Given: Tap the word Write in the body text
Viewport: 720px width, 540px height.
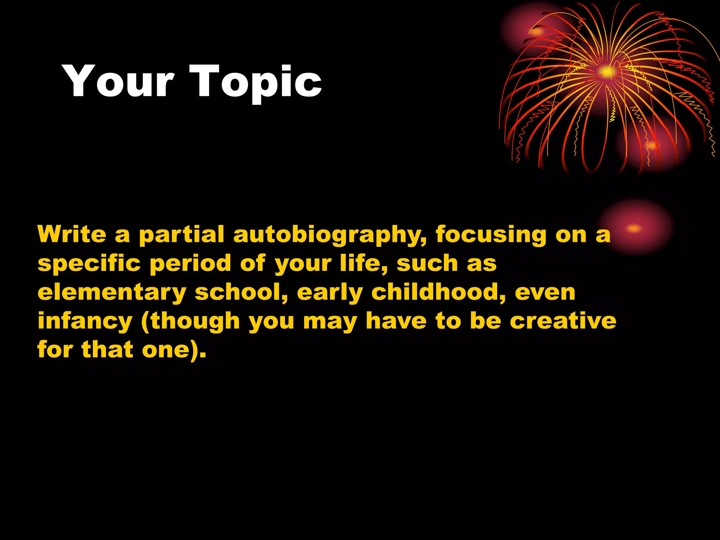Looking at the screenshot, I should (72, 234).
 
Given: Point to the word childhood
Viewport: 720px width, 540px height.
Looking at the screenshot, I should (439, 292).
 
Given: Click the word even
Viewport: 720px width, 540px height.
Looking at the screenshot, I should (545, 293).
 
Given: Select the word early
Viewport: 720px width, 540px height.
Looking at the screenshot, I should (329, 293).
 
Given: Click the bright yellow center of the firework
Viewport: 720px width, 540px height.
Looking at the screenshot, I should (606, 72).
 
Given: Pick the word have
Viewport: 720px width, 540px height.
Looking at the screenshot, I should (396, 321).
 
